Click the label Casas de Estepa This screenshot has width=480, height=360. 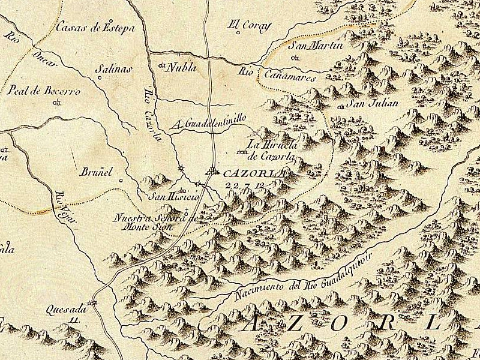[95, 27]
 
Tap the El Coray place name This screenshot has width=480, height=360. [250, 25]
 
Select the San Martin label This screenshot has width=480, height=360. [316, 46]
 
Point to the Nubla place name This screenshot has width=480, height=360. [182, 67]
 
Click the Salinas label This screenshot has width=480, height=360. [114, 70]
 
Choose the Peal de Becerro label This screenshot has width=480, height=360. [44, 91]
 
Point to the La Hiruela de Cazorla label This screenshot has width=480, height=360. [271, 151]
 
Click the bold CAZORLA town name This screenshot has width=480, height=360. [252, 173]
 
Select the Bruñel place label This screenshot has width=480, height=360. [96, 172]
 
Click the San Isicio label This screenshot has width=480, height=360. [170, 196]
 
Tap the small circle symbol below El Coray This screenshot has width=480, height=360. [239, 33]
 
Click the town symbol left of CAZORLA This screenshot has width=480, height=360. [212, 173]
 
